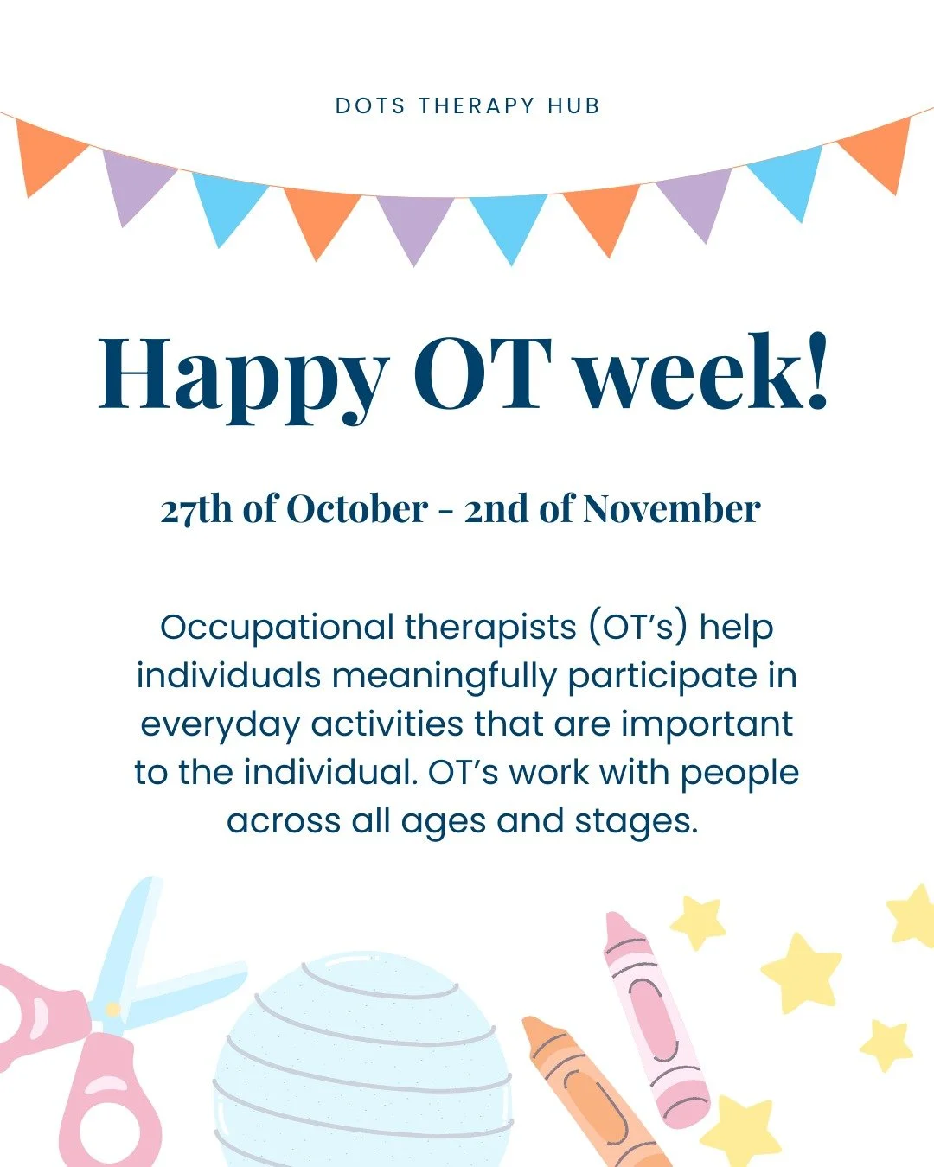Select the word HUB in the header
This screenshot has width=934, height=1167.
click(x=573, y=106)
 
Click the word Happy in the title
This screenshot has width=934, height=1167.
click(x=243, y=373)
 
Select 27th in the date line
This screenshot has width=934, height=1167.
click(x=196, y=509)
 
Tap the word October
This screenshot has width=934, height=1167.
click(x=357, y=509)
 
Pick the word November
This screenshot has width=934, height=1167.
click(x=672, y=509)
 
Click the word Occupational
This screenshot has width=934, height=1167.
click(x=277, y=627)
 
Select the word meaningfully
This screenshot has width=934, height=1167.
click(x=445, y=676)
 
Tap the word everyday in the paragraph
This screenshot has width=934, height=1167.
click(x=220, y=724)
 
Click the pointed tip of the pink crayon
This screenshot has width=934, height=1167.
click(x=612, y=917)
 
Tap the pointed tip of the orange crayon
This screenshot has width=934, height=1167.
click(x=530, y=1023)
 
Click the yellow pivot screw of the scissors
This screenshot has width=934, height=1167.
click(x=112, y=1009)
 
